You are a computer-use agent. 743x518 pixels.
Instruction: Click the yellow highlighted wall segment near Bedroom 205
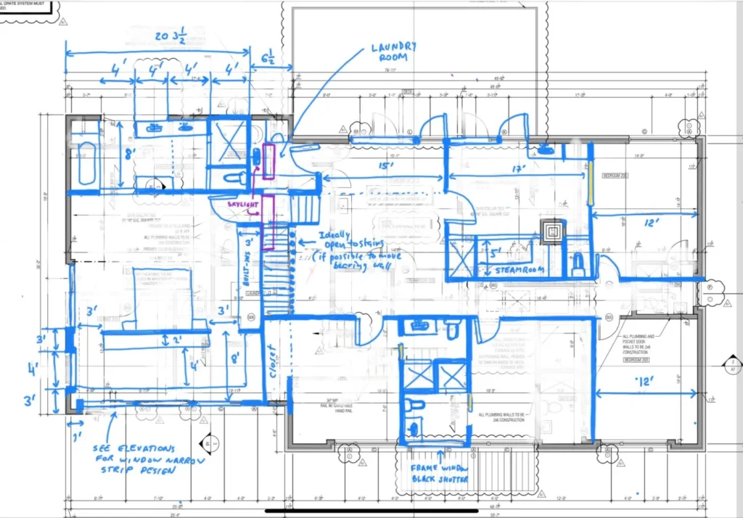click(590, 174)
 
